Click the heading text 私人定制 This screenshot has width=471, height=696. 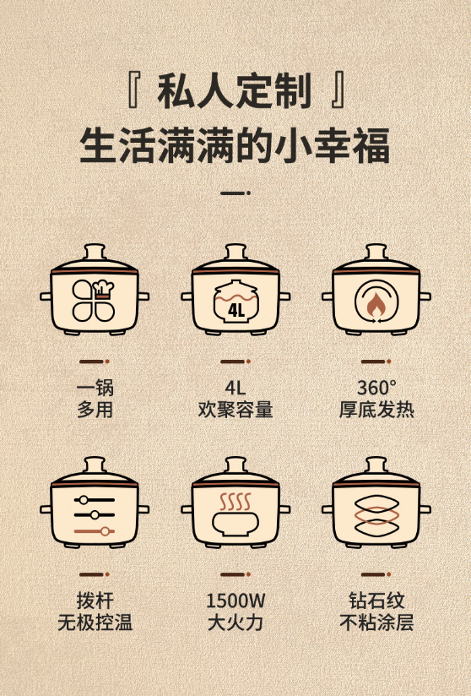click(234, 92)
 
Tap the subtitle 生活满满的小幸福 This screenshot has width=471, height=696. click(235, 145)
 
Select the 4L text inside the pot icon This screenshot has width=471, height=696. click(236, 310)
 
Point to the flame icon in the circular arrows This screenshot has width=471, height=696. click(376, 304)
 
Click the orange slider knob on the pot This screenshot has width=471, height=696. click(106, 531)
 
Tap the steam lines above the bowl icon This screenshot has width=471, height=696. click(235, 502)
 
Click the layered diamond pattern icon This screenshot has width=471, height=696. click(376, 515)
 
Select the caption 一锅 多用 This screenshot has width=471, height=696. click(95, 399)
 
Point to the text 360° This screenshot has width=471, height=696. click(376, 388)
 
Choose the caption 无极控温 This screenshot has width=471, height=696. click(95, 622)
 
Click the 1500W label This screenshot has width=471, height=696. click(235, 601)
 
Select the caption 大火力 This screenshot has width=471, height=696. click(235, 623)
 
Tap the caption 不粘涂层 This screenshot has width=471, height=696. click(376, 623)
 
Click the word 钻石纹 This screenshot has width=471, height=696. click(376, 601)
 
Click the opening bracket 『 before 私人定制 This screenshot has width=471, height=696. click(134, 91)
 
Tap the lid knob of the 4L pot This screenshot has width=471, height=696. click(235, 251)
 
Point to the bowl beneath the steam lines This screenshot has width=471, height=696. click(235, 524)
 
